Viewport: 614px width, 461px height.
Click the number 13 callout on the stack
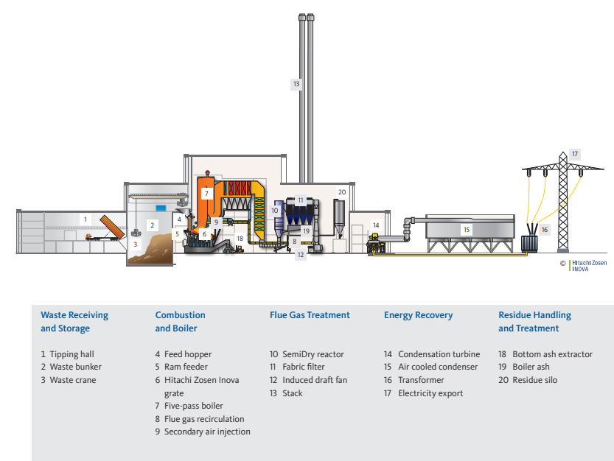pyautogui.click(x=296, y=84)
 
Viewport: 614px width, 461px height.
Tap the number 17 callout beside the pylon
pyautogui.click(x=575, y=154)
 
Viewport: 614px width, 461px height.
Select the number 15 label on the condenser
pyautogui.click(x=466, y=230)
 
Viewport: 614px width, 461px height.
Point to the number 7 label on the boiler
pyautogui.click(x=207, y=194)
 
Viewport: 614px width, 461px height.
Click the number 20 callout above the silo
pyautogui.click(x=341, y=191)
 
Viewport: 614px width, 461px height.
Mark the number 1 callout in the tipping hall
pyautogui.click(x=86, y=219)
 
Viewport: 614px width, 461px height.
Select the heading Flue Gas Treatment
pyautogui.click(x=310, y=315)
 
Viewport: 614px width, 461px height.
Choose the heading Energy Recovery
pyautogui.click(x=418, y=315)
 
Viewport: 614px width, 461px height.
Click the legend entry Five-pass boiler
pyautogui.click(x=193, y=406)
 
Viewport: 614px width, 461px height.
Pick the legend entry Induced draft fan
pyautogui.click(x=314, y=380)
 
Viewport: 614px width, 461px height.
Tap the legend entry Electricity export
pyautogui.click(x=430, y=393)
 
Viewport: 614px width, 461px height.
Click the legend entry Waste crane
pyautogui.click(x=72, y=380)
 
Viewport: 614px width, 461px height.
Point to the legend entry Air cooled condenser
pyautogui.click(x=438, y=367)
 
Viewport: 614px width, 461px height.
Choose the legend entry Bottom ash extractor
pyautogui.click(x=552, y=354)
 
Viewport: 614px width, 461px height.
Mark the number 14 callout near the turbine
pyautogui.click(x=376, y=225)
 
